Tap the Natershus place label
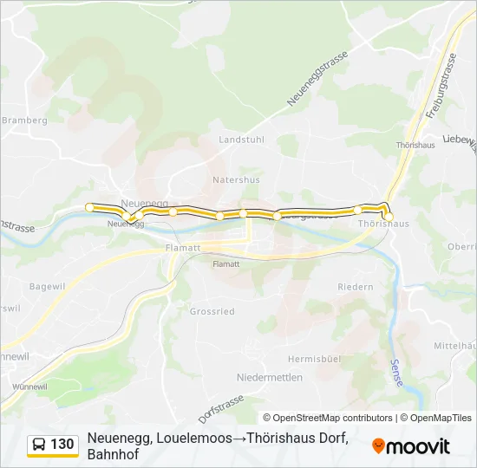pos(236,180)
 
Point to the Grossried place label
pos(212,310)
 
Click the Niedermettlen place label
pos(270,377)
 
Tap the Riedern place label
pos(356,287)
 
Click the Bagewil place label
pos(48,286)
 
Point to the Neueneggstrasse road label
pos(319,79)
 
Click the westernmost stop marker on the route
pos(89,206)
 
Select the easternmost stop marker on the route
pos(389,216)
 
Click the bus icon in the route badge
pos(40,445)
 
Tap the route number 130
pos(62,445)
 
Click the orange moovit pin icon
pos(378,446)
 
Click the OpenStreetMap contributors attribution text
pos(327,418)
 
